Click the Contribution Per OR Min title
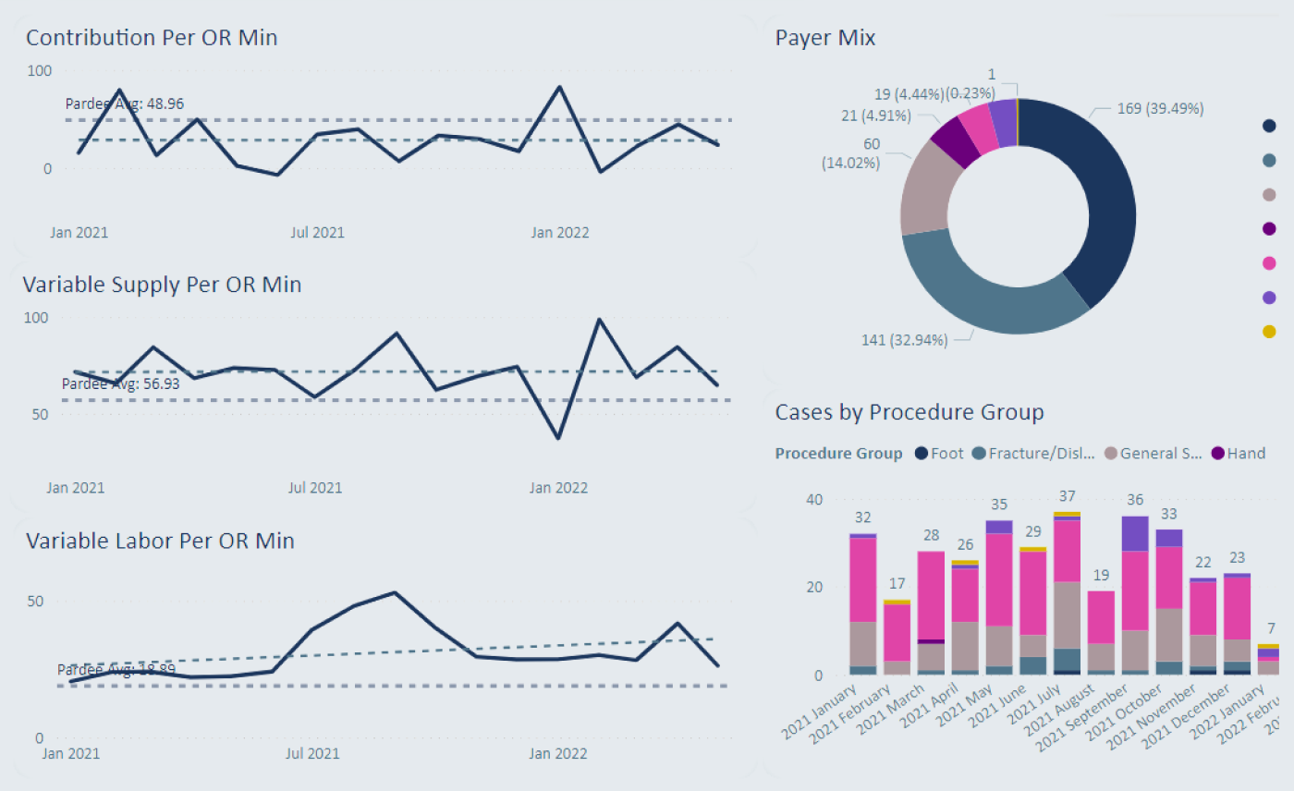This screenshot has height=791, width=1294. (152, 38)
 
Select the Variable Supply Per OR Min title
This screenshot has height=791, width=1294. (162, 285)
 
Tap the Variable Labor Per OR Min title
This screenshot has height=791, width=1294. (160, 541)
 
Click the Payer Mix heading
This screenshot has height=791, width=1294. (825, 38)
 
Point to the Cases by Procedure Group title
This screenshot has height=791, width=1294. (909, 412)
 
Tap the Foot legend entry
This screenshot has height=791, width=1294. (940, 454)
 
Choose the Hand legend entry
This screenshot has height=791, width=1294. (1239, 454)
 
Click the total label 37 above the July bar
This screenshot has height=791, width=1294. (1067, 496)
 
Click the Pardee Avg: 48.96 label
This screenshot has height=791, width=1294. (130, 103)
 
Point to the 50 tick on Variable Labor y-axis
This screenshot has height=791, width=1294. (34, 601)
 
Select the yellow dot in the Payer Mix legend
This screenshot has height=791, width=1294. (1270, 332)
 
